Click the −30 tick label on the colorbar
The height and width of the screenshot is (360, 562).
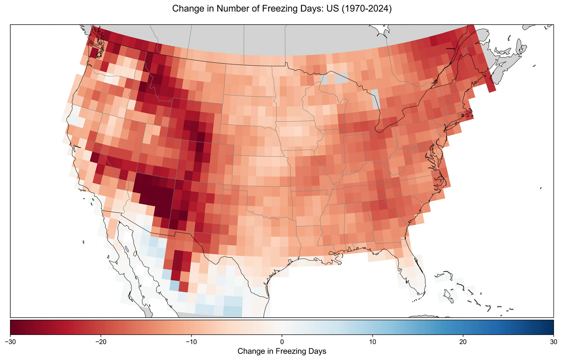pos(10,341)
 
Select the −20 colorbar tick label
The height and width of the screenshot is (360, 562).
pos(101,341)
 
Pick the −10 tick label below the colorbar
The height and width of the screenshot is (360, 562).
pos(191,341)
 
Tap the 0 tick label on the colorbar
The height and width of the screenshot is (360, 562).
pos(282,341)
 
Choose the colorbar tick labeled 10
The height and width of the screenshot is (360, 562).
pos(372,341)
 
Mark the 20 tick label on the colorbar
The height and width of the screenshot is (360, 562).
pos(463,341)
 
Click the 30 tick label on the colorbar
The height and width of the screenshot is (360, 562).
pos(553,341)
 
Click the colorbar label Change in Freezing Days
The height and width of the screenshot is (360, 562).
pos(282,351)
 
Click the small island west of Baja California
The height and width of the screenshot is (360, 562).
pos(84,242)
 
